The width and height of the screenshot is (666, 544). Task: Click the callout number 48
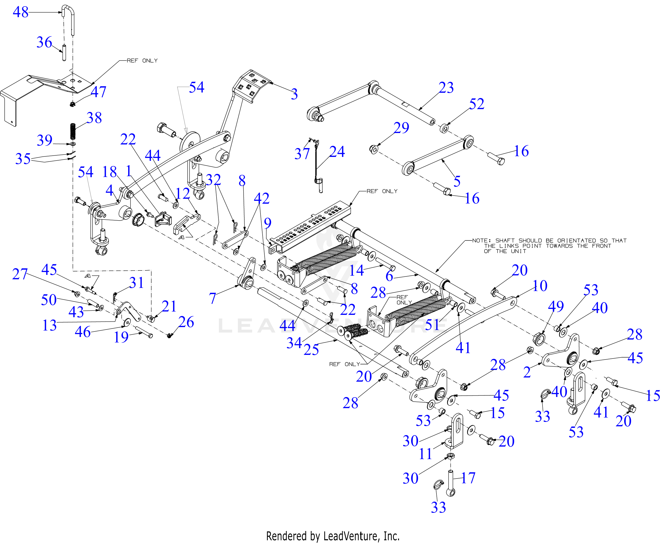[21, 12]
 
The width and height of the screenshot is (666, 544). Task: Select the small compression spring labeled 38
[73, 132]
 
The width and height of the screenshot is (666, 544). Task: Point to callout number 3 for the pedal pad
[294, 94]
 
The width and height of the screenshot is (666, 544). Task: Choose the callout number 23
[446, 88]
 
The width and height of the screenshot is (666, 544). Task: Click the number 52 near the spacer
[476, 104]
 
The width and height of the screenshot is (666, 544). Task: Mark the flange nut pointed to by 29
[374, 149]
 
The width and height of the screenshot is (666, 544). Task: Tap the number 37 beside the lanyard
[302, 154]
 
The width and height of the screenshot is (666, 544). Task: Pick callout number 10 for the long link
[540, 286]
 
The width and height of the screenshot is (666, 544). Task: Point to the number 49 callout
[556, 306]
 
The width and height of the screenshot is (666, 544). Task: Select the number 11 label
[426, 454]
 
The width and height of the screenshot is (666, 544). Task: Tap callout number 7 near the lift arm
[213, 298]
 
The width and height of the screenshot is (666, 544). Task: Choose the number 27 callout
[20, 274]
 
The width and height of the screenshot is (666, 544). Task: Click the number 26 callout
[186, 322]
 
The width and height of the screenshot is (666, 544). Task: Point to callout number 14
[356, 270]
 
